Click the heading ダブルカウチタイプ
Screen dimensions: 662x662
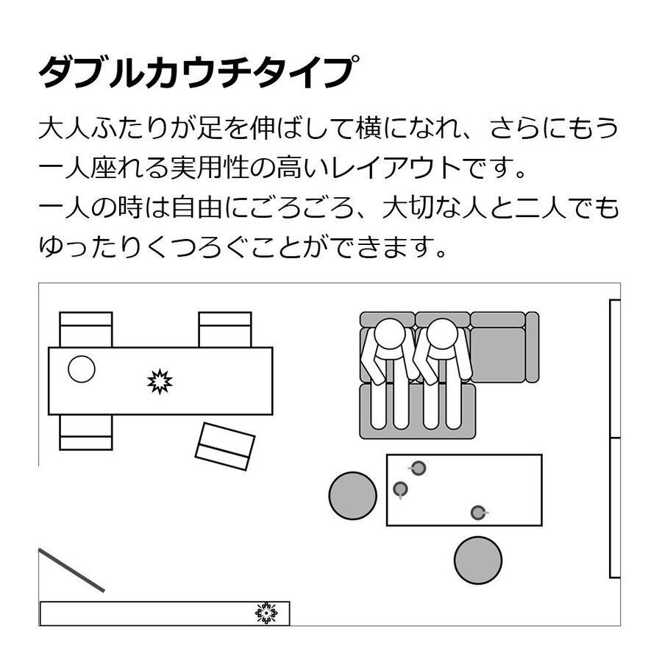(x=199, y=72)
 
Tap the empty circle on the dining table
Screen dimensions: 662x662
(x=82, y=369)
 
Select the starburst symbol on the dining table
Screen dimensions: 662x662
(x=160, y=381)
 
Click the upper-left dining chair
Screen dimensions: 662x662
(x=86, y=328)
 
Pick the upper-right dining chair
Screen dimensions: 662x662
(x=224, y=328)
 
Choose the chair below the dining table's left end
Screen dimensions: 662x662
(x=86, y=433)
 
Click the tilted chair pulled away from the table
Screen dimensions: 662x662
(x=225, y=446)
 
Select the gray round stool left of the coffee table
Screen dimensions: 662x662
(x=352, y=496)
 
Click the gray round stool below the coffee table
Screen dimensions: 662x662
(x=478, y=560)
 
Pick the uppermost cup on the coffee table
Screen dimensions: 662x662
(x=418, y=467)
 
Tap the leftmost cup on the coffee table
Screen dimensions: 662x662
(x=400, y=488)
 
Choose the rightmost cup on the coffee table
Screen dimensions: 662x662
(x=478, y=512)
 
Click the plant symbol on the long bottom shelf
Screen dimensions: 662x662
(x=266, y=612)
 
